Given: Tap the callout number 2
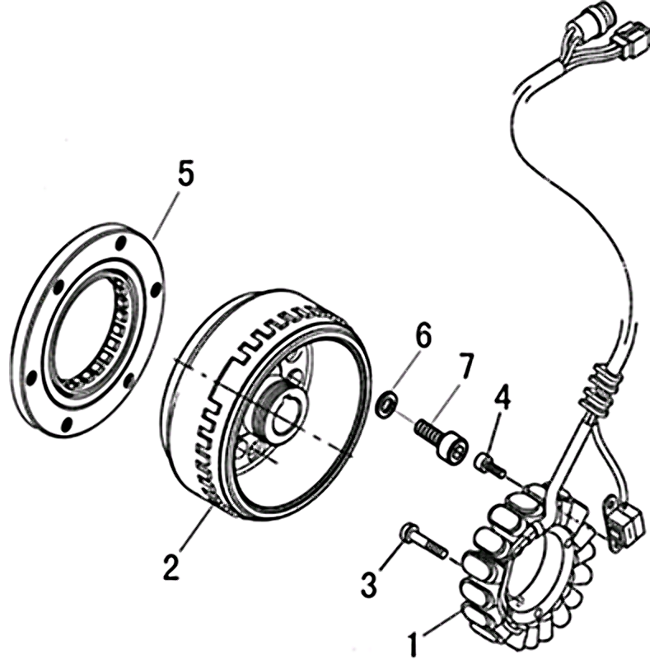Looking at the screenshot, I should (171, 567).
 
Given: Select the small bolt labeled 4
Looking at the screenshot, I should (488, 464).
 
